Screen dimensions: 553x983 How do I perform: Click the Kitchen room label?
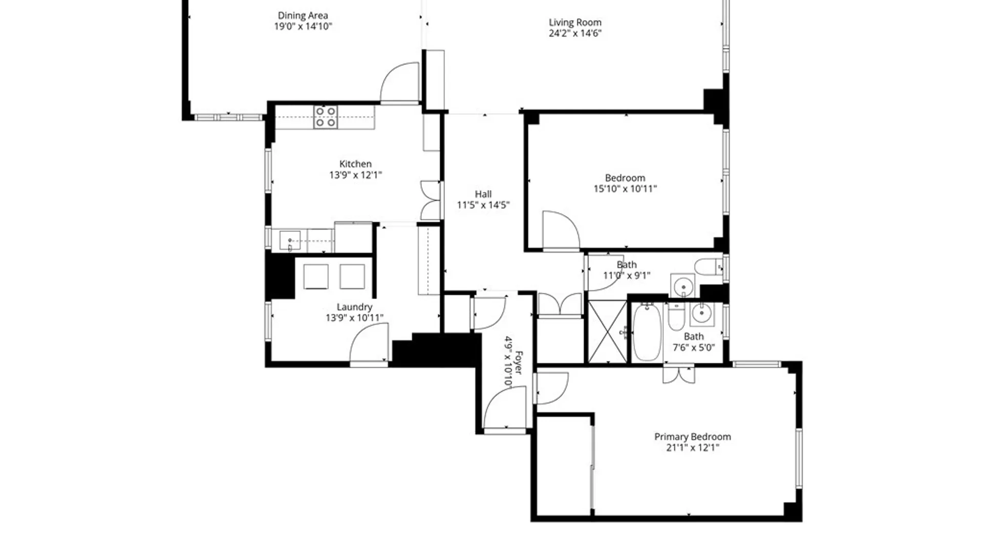click(355, 164)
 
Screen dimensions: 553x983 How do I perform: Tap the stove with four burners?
click(326, 117)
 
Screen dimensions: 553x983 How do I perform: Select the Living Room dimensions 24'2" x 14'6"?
click(575, 33)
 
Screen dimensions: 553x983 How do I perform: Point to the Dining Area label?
click(303, 16)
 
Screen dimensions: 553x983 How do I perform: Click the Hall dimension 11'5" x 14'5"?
click(483, 205)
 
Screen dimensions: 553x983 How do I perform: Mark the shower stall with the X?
click(607, 332)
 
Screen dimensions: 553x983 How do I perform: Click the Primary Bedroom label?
click(692, 437)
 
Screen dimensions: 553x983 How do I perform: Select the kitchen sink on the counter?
click(290, 241)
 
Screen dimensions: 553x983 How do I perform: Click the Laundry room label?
click(354, 307)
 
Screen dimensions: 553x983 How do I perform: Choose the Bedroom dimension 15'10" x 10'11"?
click(625, 189)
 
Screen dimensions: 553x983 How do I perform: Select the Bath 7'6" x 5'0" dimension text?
click(693, 348)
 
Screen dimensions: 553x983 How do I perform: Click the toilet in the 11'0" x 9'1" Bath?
click(707, 267)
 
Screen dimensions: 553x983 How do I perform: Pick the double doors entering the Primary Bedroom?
click(678, 375)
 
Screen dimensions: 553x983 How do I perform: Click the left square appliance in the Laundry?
click(316, 277)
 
